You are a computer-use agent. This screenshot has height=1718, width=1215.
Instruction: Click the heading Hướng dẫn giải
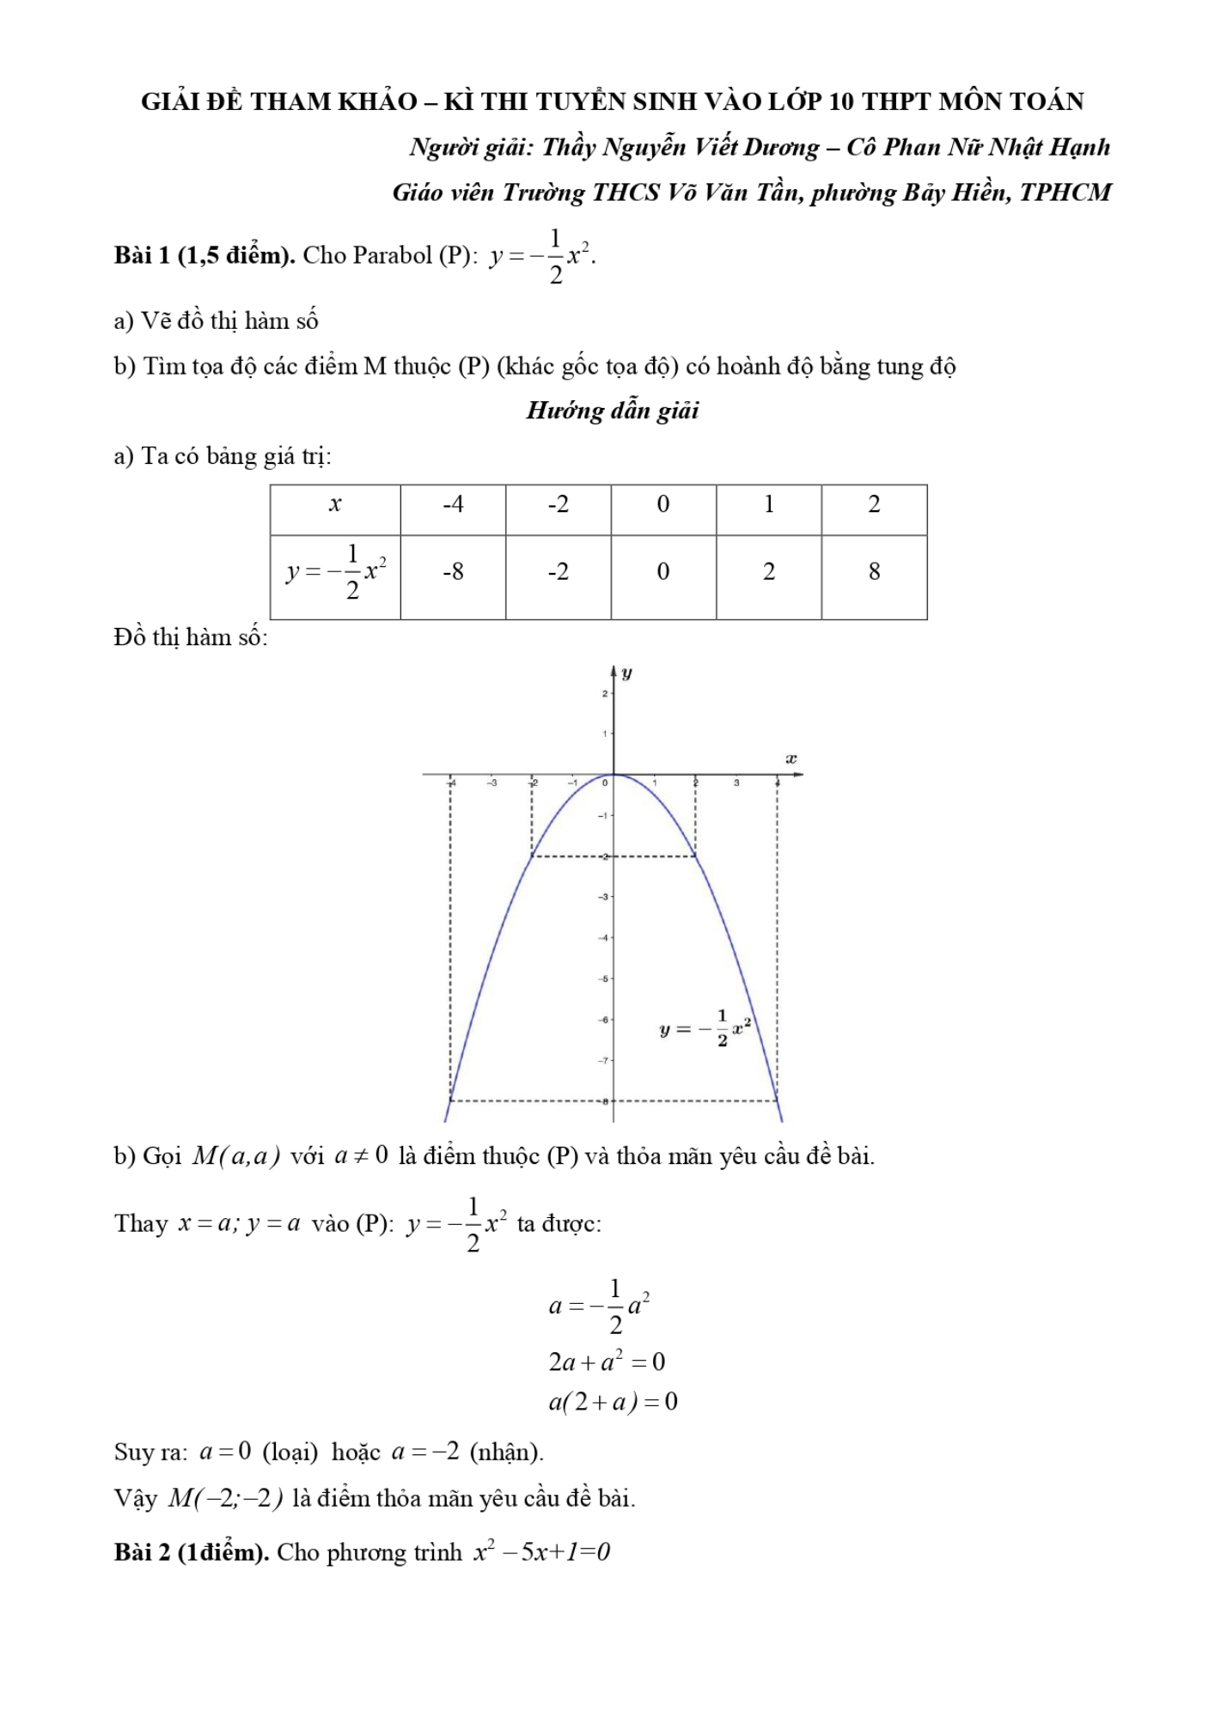[612, 411]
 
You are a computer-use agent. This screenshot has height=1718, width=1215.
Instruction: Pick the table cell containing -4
[453, 505]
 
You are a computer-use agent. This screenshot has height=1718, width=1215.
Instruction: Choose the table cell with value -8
[453, 572]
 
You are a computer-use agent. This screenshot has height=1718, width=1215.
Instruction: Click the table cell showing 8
[874, 572]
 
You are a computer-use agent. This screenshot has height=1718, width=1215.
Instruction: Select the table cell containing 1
[769, 505]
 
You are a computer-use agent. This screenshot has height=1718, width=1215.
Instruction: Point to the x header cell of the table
[335, 505]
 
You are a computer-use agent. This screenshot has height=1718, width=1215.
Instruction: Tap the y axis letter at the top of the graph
[627, 673]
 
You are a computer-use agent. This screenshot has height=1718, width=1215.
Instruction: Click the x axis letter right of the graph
[791, 758]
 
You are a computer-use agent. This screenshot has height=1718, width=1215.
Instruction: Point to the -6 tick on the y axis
[603, 1020]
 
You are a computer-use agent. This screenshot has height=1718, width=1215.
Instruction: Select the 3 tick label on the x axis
[736, 783]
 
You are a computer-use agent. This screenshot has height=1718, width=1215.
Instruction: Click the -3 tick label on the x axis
[491, 783]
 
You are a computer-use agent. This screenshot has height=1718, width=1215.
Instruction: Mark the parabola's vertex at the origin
[614, 775]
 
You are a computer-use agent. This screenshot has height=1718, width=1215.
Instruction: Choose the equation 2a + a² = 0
[607, 1362]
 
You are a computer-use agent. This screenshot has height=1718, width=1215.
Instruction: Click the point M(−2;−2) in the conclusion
[225, 1499]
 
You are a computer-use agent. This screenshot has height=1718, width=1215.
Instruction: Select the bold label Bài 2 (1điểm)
[192, 1552]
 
